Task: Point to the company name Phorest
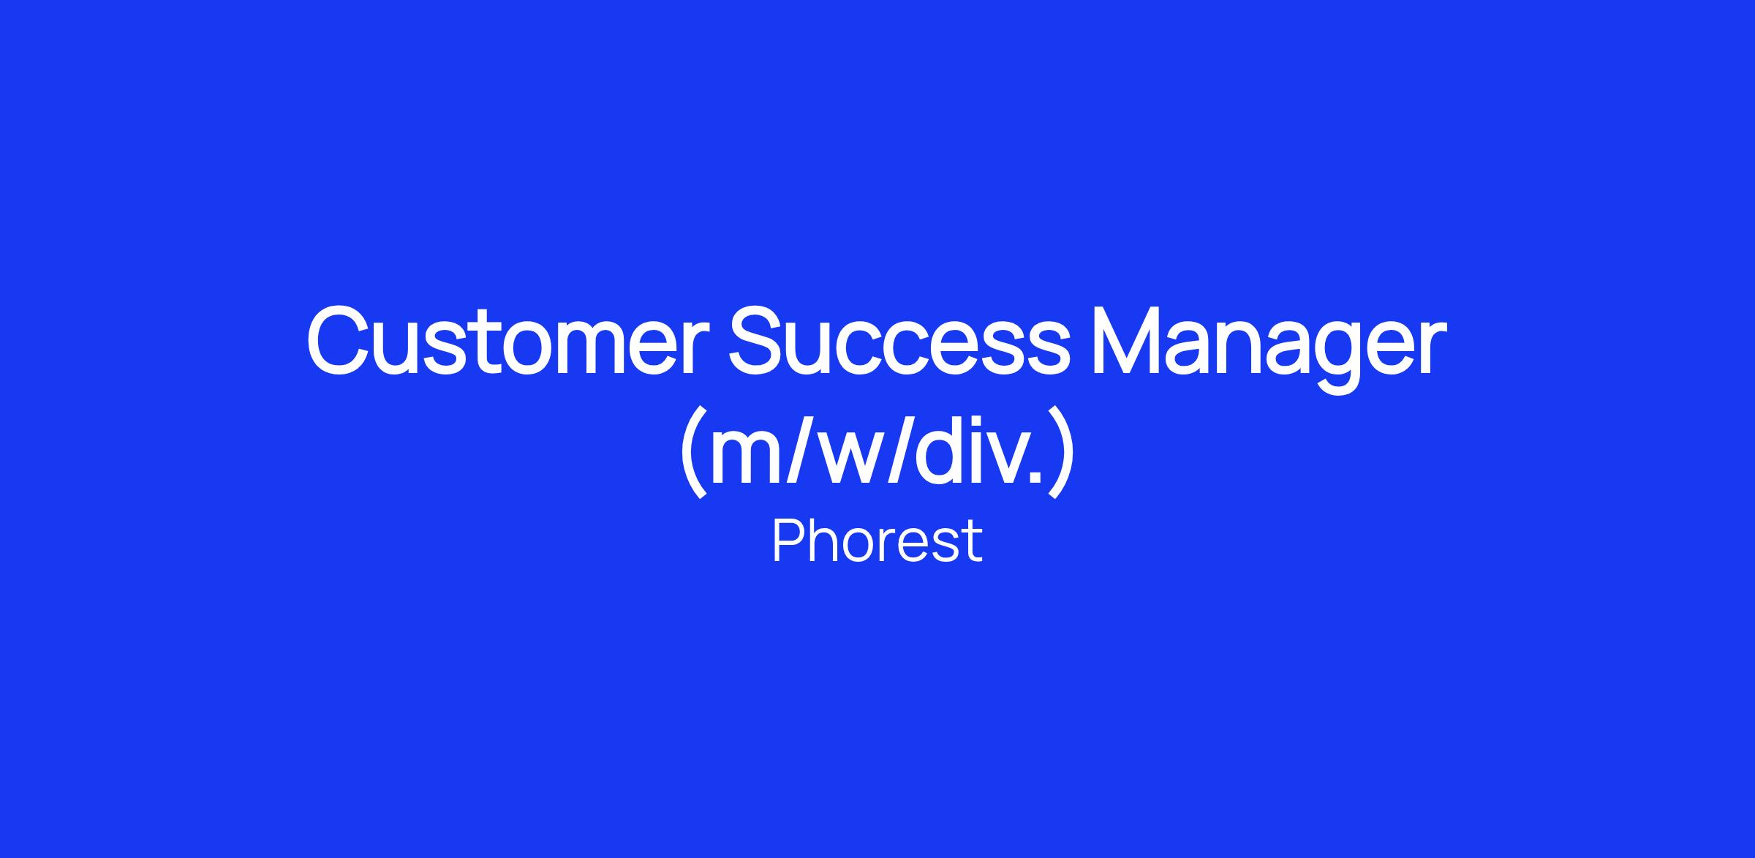coord(877,541)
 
